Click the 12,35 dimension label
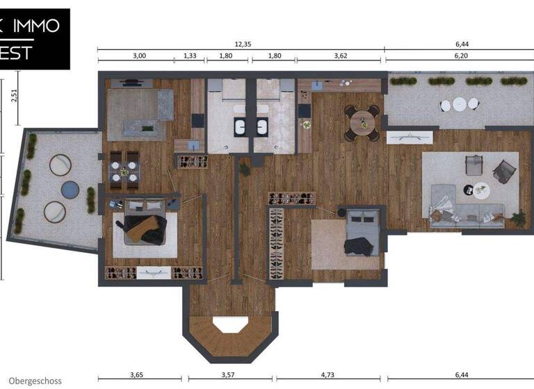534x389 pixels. pyautogui.click(x=243, y=44)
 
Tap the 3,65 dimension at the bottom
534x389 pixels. pyautogui.click(x=136, y=375)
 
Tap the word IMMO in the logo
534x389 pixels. pyautogui.click(x=36, y=26)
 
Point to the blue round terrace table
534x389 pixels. pyautogui.click(x=70, y=188)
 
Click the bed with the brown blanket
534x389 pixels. pyautogui.click(x=145, y=227)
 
